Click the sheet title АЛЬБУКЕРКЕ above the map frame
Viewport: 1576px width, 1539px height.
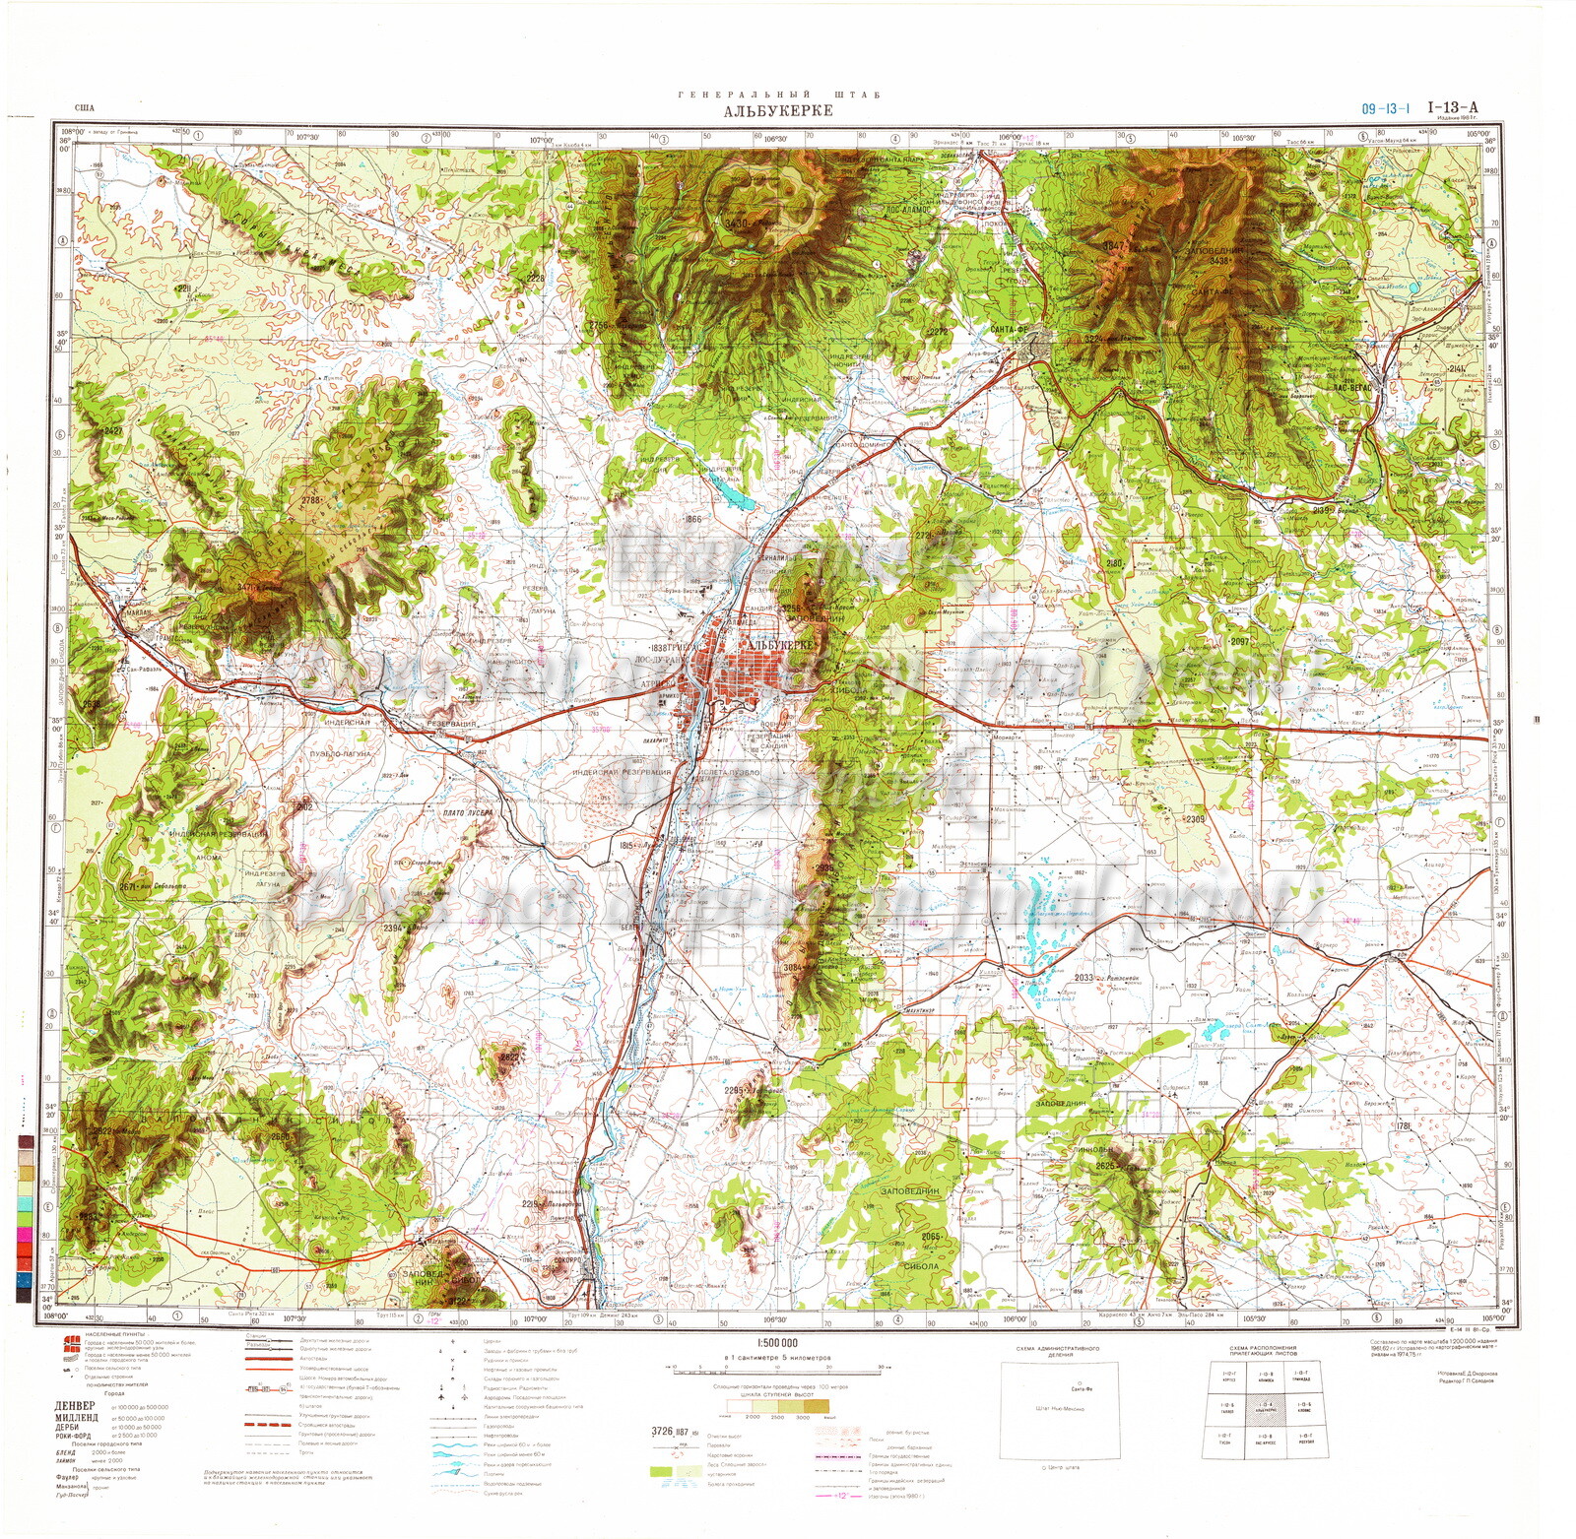click(763, 110)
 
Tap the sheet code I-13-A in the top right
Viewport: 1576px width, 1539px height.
click(1453, 107)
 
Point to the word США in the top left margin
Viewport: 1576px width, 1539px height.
click(85, 110)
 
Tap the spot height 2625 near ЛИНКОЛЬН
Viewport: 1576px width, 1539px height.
click(1102, 1167)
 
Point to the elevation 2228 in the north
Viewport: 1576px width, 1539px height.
click(535, 279)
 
